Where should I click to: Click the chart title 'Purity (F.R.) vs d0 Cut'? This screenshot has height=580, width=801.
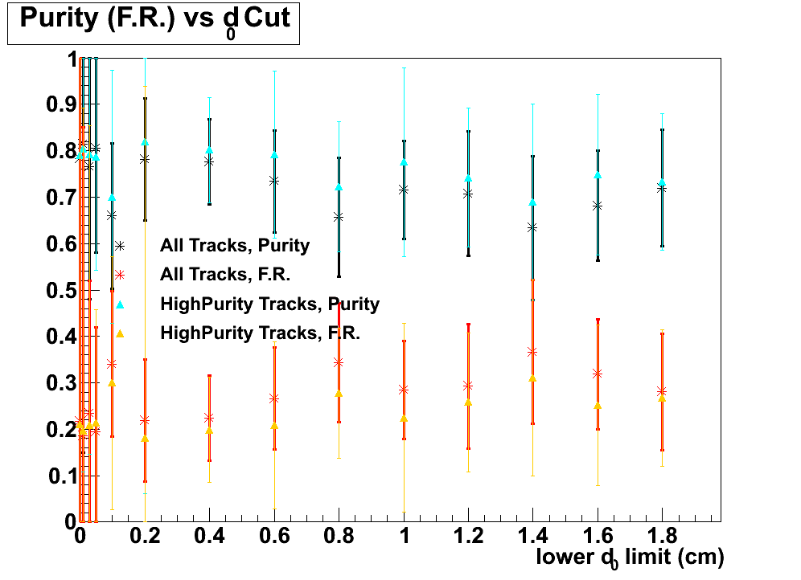[x=154, y=20]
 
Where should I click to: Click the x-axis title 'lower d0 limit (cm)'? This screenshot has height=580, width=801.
[x=631, y=557]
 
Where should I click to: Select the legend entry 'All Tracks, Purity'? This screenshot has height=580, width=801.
[x=234, y=246]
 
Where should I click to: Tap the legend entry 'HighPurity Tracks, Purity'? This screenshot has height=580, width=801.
[x=269, y=304]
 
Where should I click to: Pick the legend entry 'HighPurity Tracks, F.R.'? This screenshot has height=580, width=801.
[x=260, y=333]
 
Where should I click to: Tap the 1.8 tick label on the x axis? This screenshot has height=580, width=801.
[x=662, y=536]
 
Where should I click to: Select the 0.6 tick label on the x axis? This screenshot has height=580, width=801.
[x=274, y=536]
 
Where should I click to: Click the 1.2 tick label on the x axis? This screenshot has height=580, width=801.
[x=468, y=536]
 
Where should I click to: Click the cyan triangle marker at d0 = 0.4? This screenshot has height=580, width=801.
[x=209, y=150]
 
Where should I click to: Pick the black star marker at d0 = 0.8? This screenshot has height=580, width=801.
[x=339, y=217]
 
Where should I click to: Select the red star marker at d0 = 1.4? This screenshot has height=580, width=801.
[x=532, y=352]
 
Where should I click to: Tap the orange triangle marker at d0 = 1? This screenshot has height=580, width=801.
[x=404, y=419]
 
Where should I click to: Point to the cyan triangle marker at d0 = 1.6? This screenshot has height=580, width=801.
[x=598, y=175]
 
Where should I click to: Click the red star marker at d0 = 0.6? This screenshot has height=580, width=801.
[x=274, y=398]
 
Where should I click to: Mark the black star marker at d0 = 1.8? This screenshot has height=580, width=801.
[x=662, y=188]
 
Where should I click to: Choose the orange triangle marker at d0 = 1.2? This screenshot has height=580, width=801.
[x=468, y=402]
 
